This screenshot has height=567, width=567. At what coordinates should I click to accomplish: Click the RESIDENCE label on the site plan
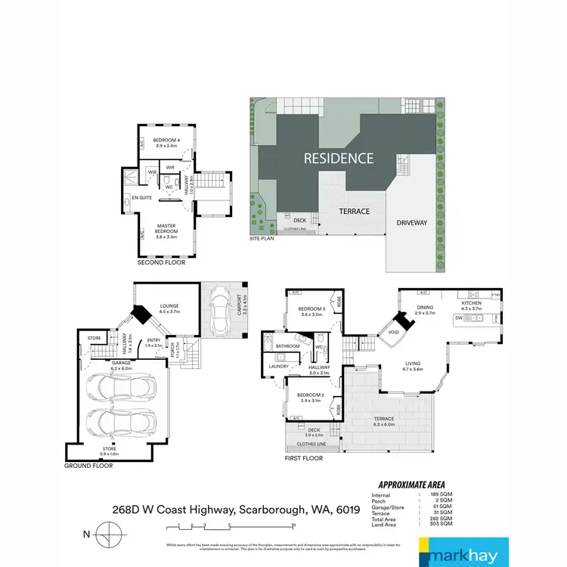tap(339, 158)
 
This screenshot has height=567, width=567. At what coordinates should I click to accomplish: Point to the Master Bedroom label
tap(166, 228)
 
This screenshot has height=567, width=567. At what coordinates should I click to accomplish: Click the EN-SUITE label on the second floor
tap(142, 198)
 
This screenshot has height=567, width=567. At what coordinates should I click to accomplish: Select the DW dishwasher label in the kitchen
tap(458, 318)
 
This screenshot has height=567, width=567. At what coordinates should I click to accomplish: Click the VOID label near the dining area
tap(392, 331)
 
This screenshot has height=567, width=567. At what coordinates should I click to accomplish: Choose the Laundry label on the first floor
tap(279, 367)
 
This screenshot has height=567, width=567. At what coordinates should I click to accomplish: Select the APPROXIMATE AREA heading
tap(411, 485)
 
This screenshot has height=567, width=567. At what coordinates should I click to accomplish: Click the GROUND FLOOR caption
tap(89, 466)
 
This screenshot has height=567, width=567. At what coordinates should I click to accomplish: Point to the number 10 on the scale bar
tap(293, 525)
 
